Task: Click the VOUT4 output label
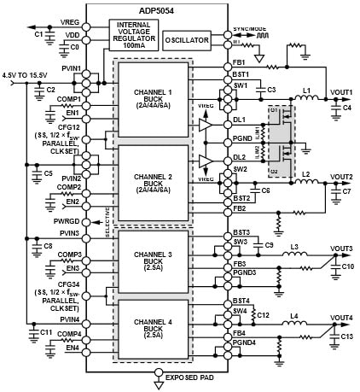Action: pos(341,318)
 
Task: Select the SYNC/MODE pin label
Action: pos(252,28)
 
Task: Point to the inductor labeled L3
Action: pos(294,246)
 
